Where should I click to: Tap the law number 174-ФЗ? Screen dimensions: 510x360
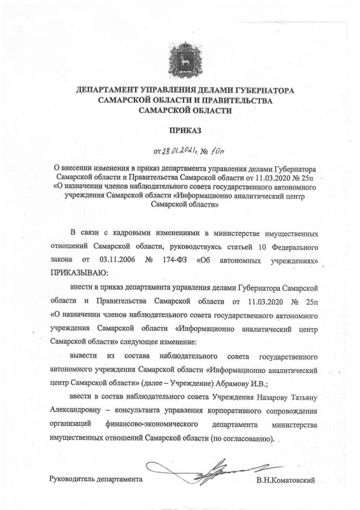183,261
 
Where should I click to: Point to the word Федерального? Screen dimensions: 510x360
287,245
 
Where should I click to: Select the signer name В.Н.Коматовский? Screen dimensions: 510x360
285,479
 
